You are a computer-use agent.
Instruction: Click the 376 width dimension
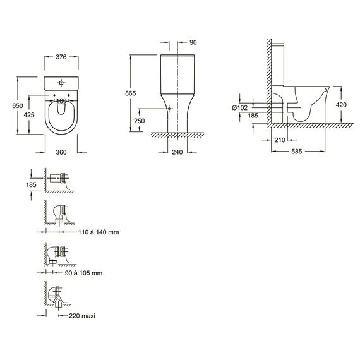[x=61, y=57]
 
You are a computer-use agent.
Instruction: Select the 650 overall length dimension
[x=18, y=105]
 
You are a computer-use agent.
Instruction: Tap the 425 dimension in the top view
[x=29, y=115]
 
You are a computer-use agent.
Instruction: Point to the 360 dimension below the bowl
[x=61, y=152]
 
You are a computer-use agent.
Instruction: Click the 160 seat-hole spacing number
[x=61, y=101]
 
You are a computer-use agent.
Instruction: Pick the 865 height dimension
[x=130, y=93]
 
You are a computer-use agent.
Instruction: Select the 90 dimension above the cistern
[x=193, y=42]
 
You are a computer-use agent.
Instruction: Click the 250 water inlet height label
[x=140, y=121]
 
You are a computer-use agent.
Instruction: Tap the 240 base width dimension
[x=177, y=152]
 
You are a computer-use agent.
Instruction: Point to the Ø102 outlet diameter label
[x=240, y=107]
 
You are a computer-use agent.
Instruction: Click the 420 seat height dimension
[x=341, y=105]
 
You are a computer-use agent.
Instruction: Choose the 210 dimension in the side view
[x=280, y=140]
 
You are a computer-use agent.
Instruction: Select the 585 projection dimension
[x=297, y=152]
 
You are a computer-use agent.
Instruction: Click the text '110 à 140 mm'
[x=99, y=232]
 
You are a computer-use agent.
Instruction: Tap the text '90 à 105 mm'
[x=83, y=273]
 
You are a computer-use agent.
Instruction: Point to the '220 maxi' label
[x=82, y=316]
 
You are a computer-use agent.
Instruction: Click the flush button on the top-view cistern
[x=61, y=83]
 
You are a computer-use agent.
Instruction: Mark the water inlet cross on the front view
[x=169, y=109]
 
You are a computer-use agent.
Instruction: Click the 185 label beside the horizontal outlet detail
[x=31, y=184]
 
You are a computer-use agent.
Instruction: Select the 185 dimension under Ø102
[x=253, y=116]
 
